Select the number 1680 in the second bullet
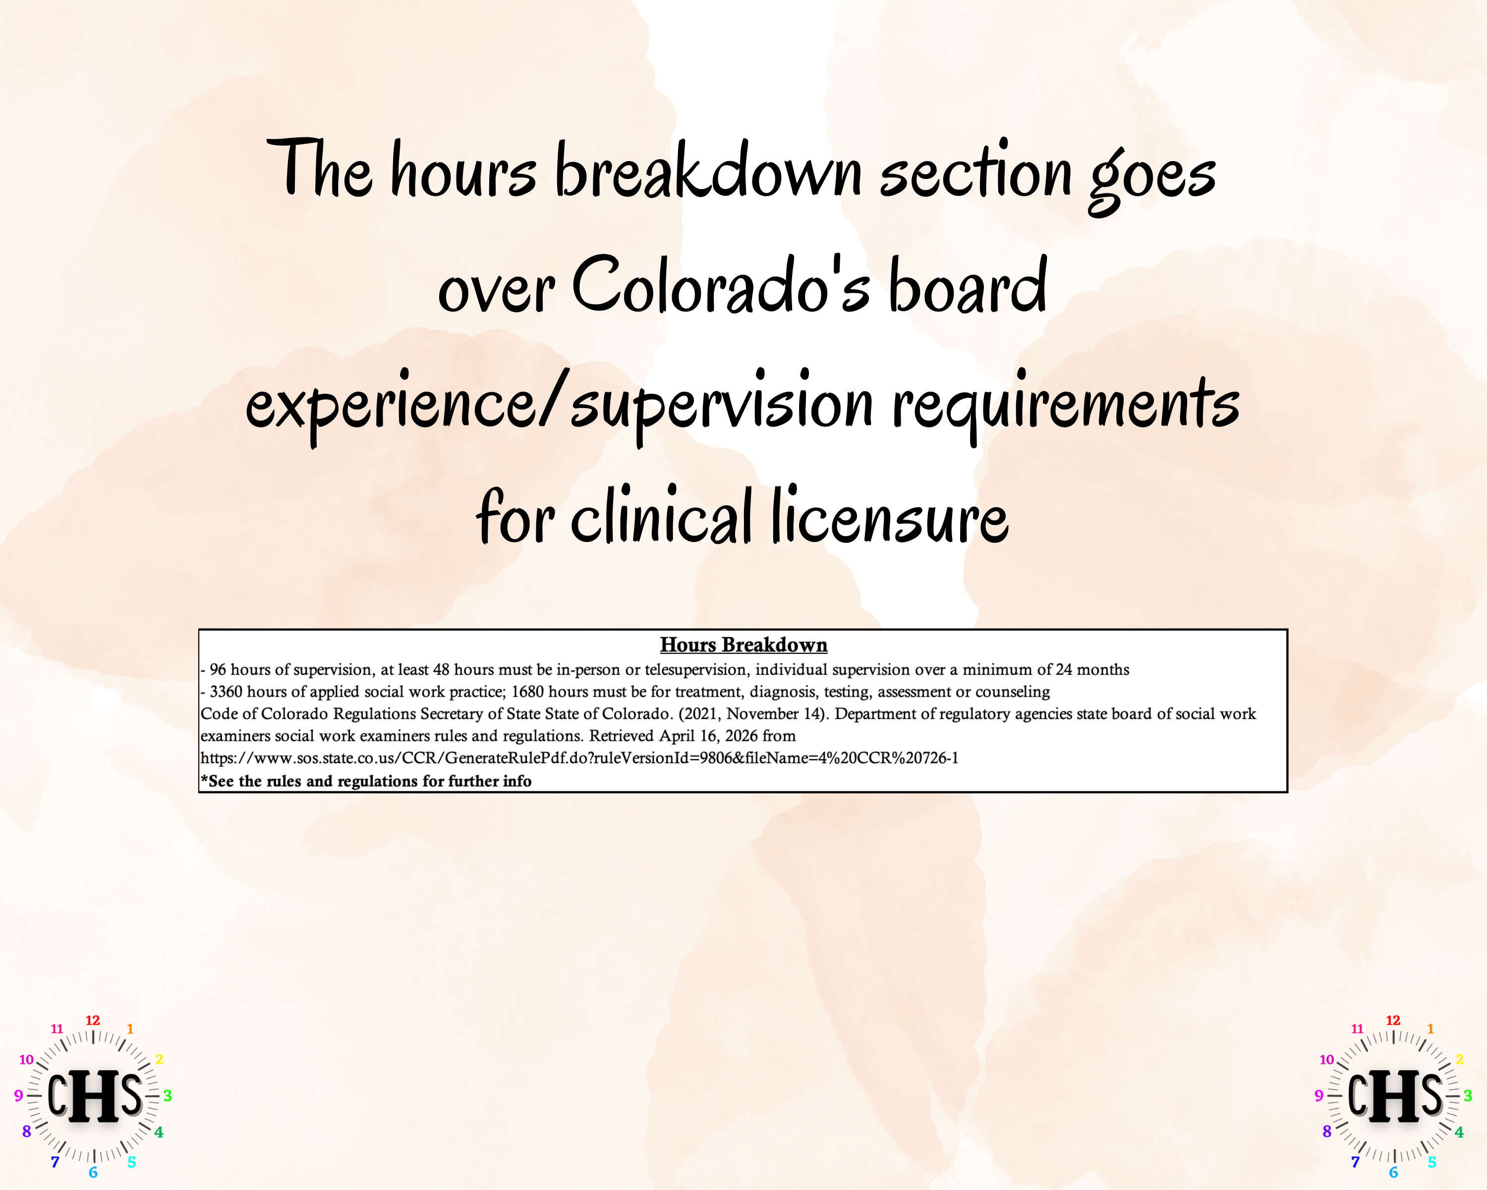pyautogui.click(x=527, y=691)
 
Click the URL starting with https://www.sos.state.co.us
pyautogui.click(x=579, y=758)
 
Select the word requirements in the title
pyautogui.click(x=1066, y=404)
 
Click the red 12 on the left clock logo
pyautogui.click(x=92, y=1020)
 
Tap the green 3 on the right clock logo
pyautogui.click(x=1468, y=1095)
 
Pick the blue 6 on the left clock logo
pyautogui.click(x=93, y=1173)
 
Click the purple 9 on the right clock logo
pyautogui.click(x=1318, y=1095)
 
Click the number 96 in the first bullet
pyautogui.click(x=217, y=669)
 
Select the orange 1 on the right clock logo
pyautogui.click(x=1430, y=1028)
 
